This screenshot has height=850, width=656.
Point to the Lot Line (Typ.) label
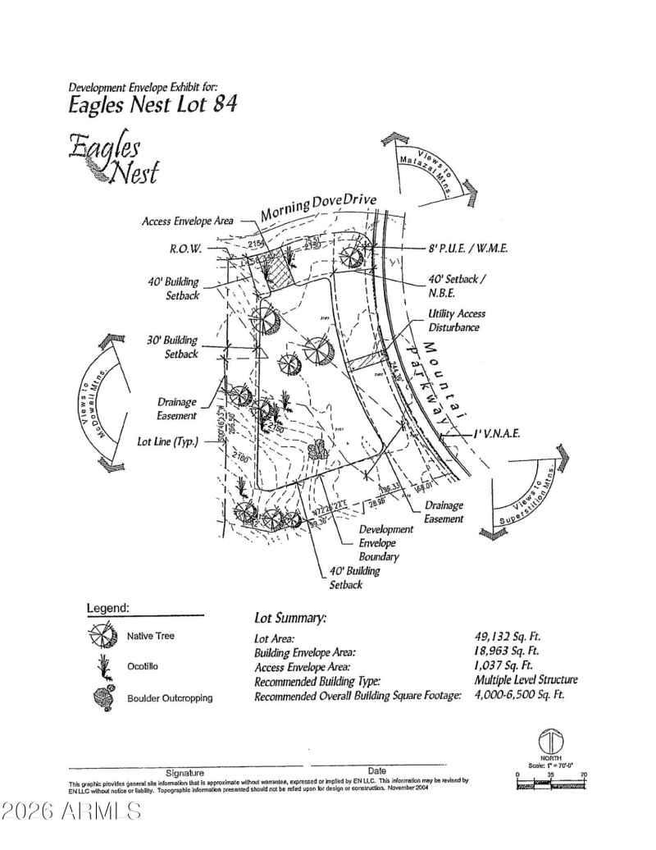pos(166,441)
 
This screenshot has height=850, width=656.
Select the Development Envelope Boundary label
pos(385,543)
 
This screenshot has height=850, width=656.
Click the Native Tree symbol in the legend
pos(102,636)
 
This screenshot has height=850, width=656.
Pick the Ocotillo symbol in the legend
pos(102,666)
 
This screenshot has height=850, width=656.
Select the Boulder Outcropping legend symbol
pos(102,697)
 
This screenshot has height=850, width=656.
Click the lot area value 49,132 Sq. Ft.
pos(508,637)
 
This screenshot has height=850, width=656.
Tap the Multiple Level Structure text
pos(526,679)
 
